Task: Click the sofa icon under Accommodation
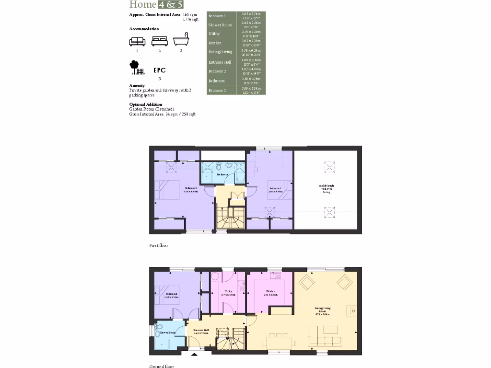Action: point(137,41)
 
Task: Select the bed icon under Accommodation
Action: point(159,41)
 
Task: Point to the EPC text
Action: point(160,70)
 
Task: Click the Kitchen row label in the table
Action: point(215,43)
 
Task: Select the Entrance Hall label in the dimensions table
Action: point(220,62)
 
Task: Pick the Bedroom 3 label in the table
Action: point(217,90)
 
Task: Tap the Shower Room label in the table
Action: point(220,25)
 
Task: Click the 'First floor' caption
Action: point(159,245)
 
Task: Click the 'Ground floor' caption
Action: point(162,366)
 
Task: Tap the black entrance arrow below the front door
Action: point(194,355)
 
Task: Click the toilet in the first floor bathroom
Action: point(219,166)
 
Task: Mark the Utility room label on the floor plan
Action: point(228,292)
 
